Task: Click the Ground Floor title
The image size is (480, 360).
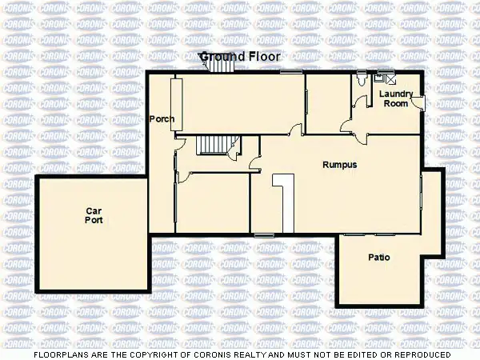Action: (x=240, y=57)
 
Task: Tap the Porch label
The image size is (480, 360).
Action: (x=162, y=119)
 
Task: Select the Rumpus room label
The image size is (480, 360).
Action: (x=339, y=165)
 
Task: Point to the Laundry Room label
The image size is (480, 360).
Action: (x=396, y=98)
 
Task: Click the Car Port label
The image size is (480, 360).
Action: (x=94, y=215)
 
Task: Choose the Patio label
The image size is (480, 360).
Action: (x=378, y=258)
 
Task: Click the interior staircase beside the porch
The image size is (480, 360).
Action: (x=213, y=145)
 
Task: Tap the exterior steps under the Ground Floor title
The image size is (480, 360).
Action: (x=219, y=66)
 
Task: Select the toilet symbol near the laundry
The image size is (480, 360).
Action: (x=365, y=78)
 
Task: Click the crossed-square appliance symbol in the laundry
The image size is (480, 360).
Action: (x=390, y=78)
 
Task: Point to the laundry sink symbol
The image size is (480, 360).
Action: (x=379, y=78)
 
